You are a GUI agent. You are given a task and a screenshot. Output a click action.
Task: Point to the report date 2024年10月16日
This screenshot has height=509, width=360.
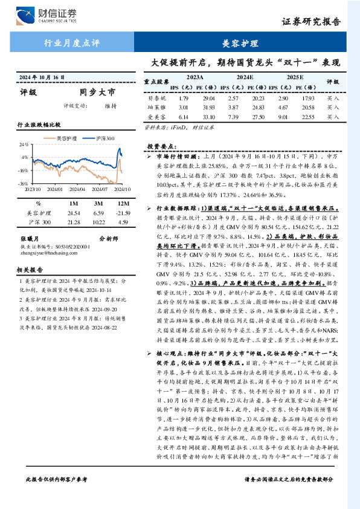pos(42,78)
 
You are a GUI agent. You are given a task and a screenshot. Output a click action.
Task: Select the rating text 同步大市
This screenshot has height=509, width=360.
pos(97,93)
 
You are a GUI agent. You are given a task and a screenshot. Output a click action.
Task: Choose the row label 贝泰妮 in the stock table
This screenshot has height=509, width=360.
pos(156,97)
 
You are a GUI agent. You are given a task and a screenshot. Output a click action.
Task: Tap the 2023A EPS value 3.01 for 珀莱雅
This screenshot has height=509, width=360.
pos(184,107)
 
